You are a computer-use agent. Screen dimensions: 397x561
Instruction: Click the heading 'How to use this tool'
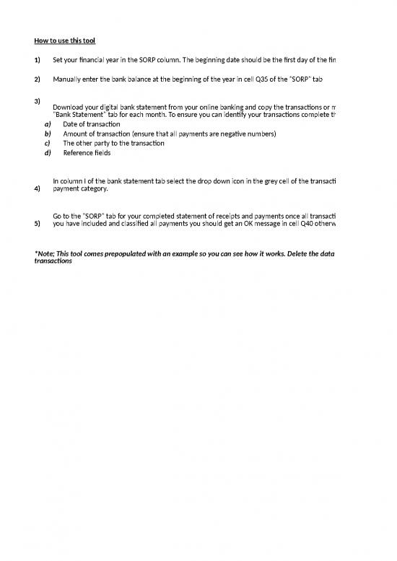click(64, 40)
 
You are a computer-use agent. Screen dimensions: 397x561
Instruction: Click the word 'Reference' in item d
click(78, 152)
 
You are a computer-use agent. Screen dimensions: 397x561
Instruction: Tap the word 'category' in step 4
click(95, 189)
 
